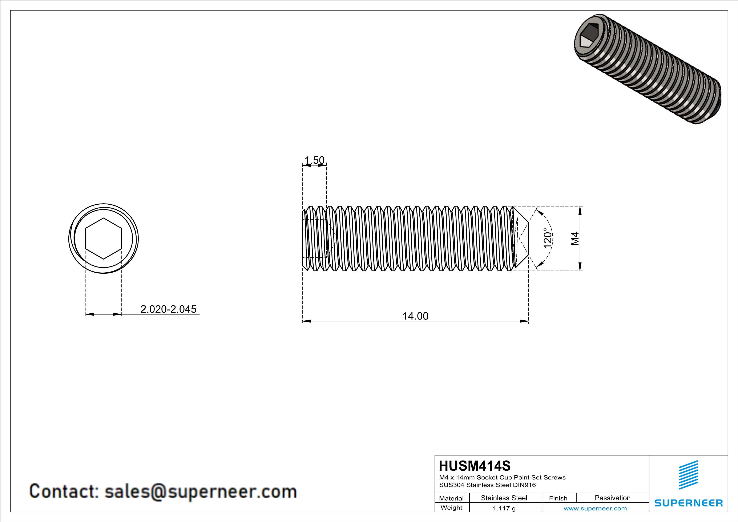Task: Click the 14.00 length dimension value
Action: pos(415,316)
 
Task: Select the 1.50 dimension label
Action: pos(314,160)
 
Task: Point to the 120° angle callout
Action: pos(547,238)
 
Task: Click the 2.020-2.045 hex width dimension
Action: pos(168,309)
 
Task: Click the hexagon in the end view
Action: pos(104,238)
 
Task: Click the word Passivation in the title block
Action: pos(612,498)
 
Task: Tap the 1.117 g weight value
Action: pos(504,508)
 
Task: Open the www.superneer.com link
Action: pos(595,508)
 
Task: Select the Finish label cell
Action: pos(558,498)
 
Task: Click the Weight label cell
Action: pos(451,507)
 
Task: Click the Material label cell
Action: pos(451,498)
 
